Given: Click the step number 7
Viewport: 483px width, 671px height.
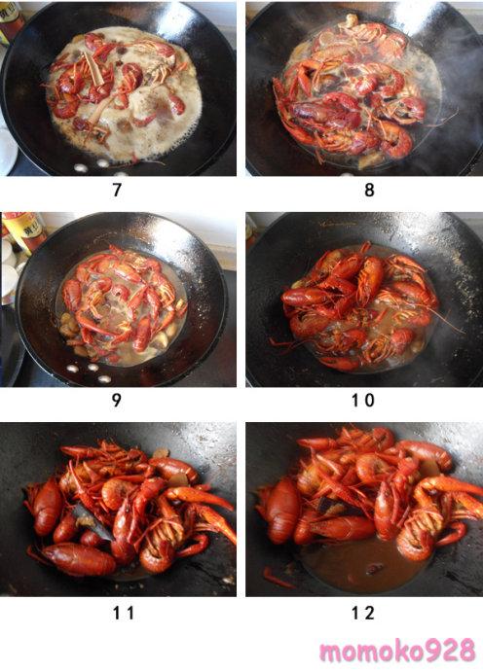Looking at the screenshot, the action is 117,190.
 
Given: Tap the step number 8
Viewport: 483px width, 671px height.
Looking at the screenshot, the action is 369,190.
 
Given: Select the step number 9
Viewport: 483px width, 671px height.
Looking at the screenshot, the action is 116,401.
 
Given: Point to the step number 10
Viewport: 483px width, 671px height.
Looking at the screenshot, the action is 363,401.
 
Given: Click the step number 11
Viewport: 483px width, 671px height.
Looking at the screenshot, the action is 124,614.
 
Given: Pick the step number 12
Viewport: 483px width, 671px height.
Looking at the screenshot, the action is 363,614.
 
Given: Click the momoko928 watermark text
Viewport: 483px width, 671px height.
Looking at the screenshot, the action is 397,651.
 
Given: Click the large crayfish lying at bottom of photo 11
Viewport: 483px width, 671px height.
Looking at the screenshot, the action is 79,558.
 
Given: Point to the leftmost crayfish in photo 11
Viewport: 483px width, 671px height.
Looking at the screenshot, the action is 47,507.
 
